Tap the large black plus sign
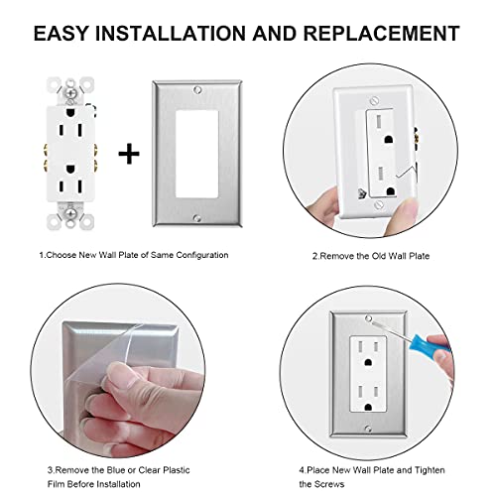tap(128, 153)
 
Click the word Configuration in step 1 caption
tap(201, 255)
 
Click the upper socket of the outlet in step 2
tap(387, 120)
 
